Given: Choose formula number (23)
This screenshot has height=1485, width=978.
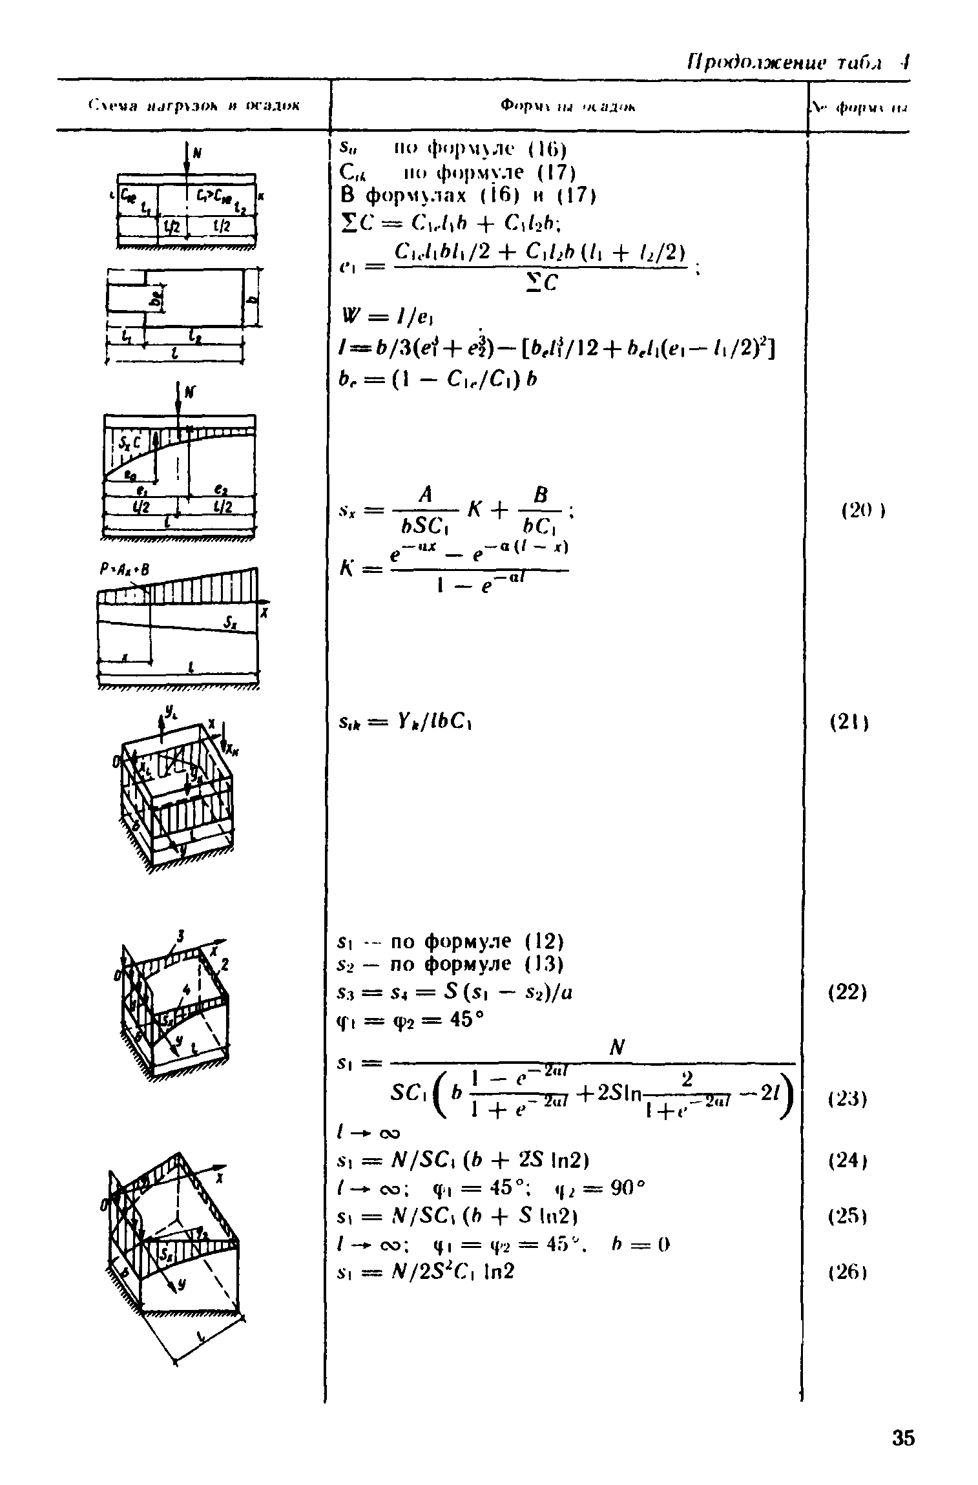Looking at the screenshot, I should (848, 1098).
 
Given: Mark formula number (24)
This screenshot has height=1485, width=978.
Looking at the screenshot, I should (848, 1161).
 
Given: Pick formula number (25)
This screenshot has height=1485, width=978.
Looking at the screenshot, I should (848, 1216).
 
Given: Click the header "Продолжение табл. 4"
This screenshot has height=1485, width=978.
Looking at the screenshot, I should (795, 63).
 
